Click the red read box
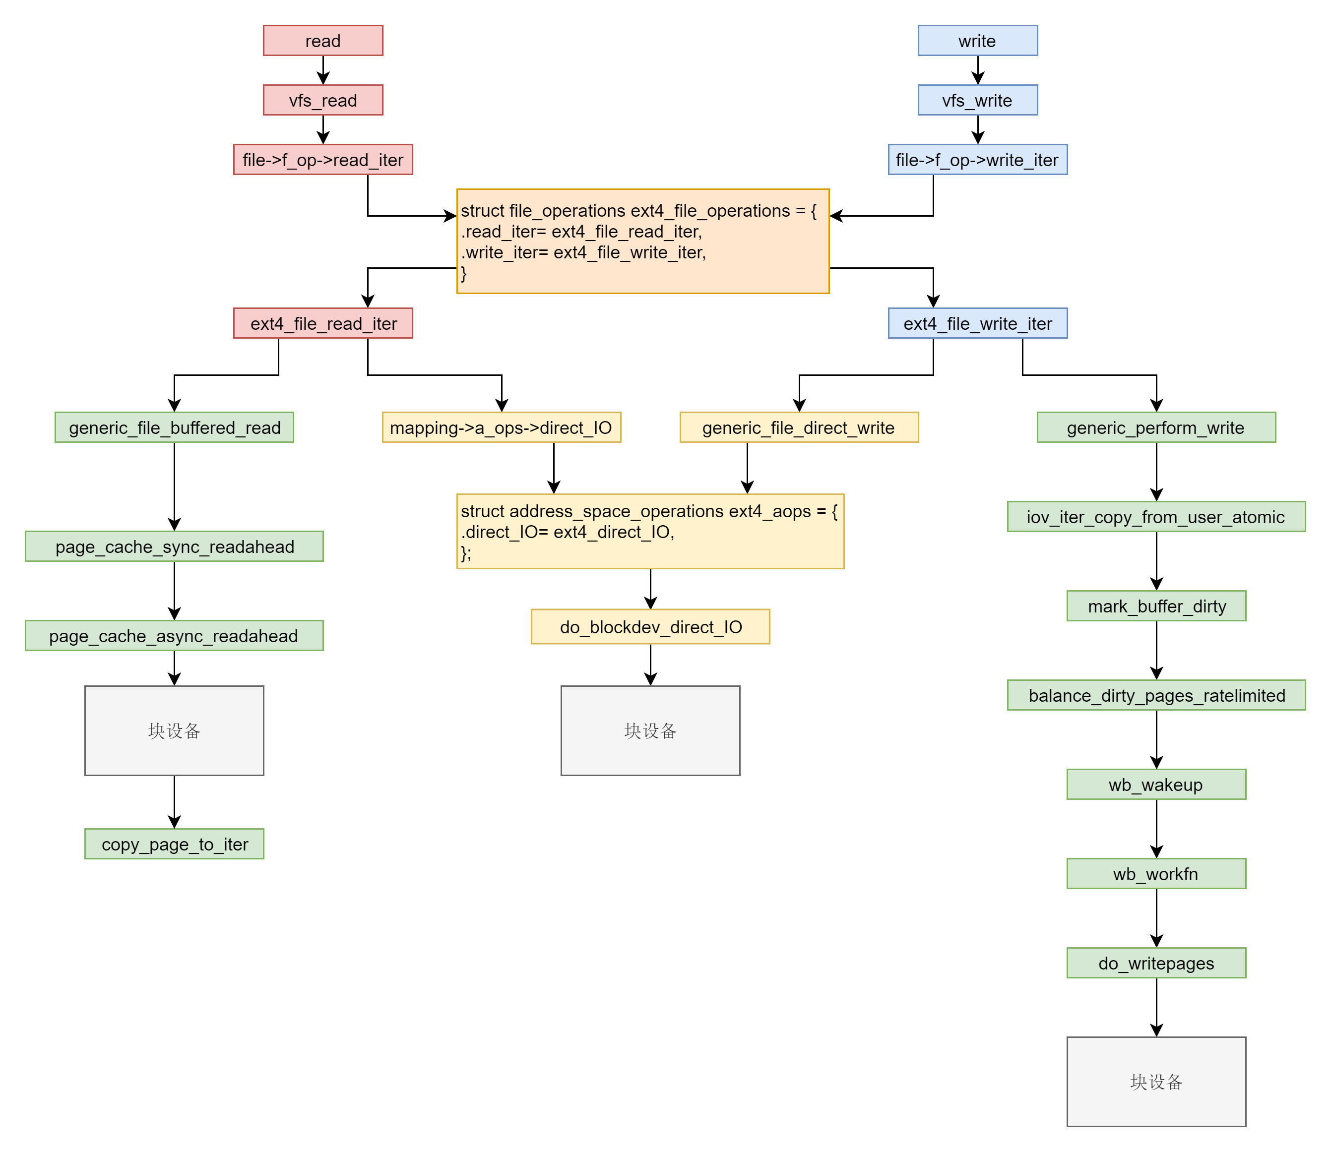click(x=323, y=41)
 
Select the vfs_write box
click(x=977, y=100)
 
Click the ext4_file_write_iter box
click(x=977, y=323)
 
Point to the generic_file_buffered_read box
click(x=174, y=427)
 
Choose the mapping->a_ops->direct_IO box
click(x=501, y=427)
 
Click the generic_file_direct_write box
click(x=799, y=427)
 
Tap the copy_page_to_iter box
click(x=174, y=844)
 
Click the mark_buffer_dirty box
click(x=1155, y=606)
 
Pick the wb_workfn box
click(x=1155, y=874)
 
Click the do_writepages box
click(x=1155, y=963)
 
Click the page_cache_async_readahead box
click(x=174, y=636)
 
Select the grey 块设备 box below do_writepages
click(x=1155, y=1081)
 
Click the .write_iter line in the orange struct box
click(x=583, y=252)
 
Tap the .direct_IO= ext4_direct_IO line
click(x=567, y=532)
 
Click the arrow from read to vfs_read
click(x=323, y=70)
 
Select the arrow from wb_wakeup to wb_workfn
click(x=1155, y=829)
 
